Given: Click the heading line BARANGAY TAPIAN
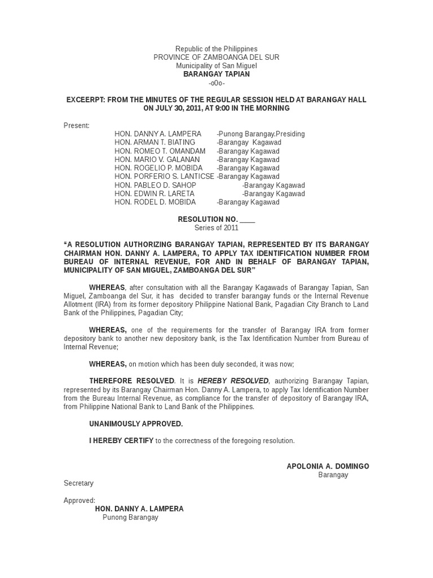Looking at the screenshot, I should coord(216,74).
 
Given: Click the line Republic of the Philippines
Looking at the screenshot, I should coord(216,49).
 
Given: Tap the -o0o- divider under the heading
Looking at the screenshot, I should coord(216,83).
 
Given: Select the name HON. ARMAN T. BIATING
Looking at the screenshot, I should coord(154,142).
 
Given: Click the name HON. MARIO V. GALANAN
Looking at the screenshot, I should coord(157,159).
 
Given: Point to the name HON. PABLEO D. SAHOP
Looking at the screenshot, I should coord(155,185).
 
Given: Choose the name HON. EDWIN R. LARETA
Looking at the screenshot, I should coord(154,194).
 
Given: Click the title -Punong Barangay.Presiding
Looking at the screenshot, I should coord(261,134).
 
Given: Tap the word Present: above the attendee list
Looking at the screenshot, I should coord(76,125).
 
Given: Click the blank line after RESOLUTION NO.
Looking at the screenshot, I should coord(247,220).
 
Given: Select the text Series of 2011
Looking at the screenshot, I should coord(216,227).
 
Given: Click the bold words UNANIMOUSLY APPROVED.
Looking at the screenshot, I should coord(136,423).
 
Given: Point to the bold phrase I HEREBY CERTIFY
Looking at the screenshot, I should coord(121,440).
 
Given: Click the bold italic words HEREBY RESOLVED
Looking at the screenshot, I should coord(226,381).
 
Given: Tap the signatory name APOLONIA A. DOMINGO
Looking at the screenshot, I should coord(328,466).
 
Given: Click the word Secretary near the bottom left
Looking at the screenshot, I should coord(78,483).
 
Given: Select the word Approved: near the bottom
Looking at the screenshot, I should coord(79,500).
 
